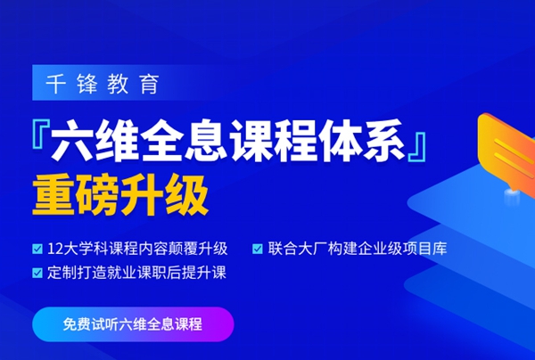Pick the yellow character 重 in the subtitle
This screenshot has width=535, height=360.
pyautogui.click(x=53, y=192)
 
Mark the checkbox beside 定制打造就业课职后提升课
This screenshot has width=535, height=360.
pyautogui.click(x=37, y=273)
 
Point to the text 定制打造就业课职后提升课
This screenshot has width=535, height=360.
pyautogui.click(x=136, y=273)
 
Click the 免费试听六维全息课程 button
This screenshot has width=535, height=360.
pyautogui.click(x=133, y=324)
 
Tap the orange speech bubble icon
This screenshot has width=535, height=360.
pyautogui.click(x=505, y=144)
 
